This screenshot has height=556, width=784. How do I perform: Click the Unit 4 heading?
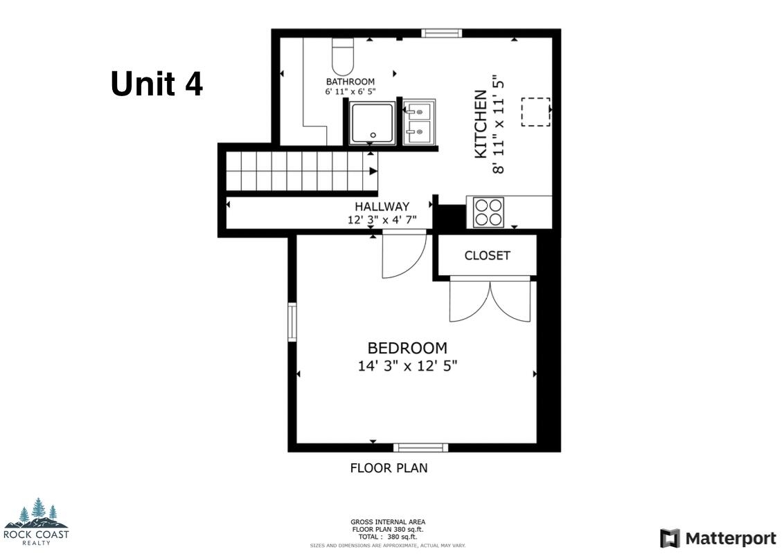click(157, 84)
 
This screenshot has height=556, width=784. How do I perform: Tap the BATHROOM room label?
click(350, 82)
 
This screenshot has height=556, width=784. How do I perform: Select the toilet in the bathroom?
click(342, 56)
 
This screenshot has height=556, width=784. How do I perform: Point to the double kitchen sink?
click(420, 121)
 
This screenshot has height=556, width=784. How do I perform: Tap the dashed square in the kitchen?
click(535, 112)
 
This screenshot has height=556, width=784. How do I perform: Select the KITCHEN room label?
click(481, 124)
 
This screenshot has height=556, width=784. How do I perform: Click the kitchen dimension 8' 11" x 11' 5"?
click(499, 124)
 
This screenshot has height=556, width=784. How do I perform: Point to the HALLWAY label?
click(382, 207)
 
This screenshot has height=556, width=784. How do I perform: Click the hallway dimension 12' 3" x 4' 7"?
click(382, 220)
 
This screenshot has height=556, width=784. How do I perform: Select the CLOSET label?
click(487, 256)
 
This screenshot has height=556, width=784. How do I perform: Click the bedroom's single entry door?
click(403, 256)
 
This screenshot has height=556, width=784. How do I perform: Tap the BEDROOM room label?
click(407, 349)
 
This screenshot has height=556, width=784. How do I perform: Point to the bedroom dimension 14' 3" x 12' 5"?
click(407, 366)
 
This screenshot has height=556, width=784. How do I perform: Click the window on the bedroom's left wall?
click(292, 322)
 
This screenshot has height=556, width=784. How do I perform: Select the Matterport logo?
click(718, 538)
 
